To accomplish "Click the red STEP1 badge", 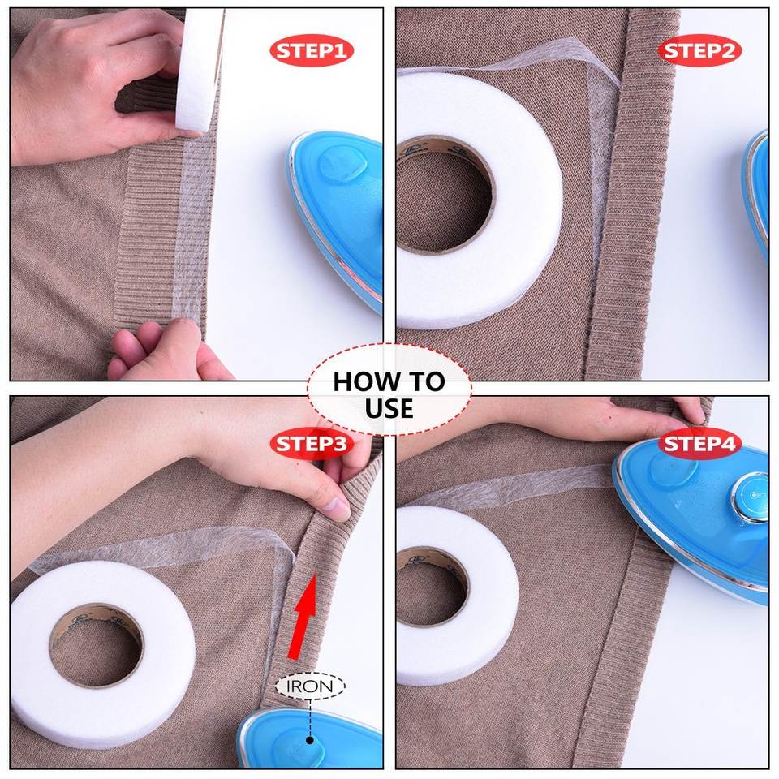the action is click(x=312, y=50).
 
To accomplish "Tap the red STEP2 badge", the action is click(x=699, y=50).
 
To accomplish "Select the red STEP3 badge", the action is click(x=312, y=444).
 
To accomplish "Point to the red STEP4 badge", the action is click(x=699, y=444).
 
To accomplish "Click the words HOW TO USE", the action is click(x=389, y=395).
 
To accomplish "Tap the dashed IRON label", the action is click(x=310, y=686).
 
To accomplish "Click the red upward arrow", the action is click(x=304, y=616).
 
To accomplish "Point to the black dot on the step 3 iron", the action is click(x=310, y=740).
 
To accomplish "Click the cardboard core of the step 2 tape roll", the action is click(x=444, y=194).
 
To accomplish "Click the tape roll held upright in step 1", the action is click(x=199, y=70).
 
